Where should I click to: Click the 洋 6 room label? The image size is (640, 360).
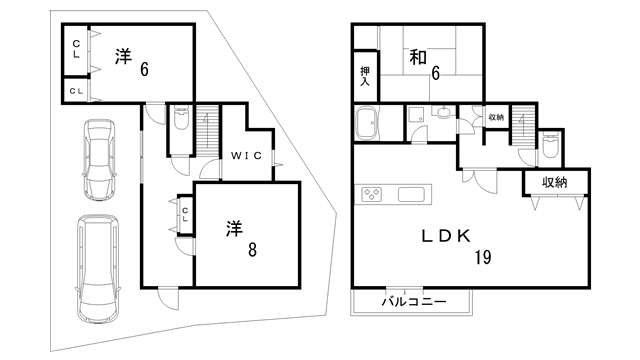pos(131,62)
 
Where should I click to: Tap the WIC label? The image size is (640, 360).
pos(246,156)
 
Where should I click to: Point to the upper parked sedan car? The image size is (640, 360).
pos(99,158)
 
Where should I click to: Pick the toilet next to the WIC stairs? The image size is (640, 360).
pos(181,122)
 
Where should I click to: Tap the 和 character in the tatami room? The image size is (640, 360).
pos(417,58)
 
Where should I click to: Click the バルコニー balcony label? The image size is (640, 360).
pos(412,301)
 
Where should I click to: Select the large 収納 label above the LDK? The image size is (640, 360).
pos(555,182)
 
